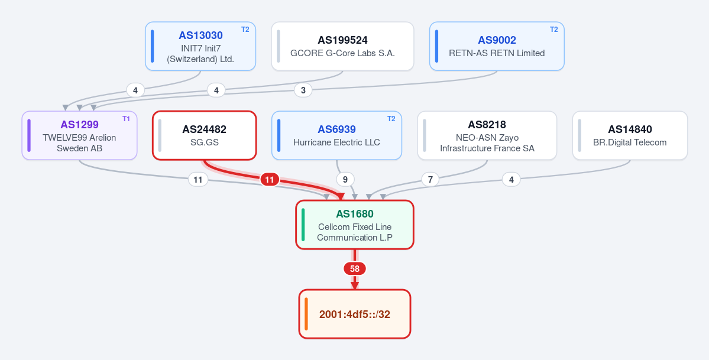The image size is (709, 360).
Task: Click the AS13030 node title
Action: [201, 35]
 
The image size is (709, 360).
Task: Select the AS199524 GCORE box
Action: [342, 46]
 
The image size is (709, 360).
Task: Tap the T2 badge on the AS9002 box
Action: [554, 30]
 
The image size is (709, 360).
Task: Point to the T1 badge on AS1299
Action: [126, 119]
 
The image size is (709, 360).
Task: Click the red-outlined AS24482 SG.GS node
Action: [205, 135]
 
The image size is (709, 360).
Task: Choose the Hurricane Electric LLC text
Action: [336, 142]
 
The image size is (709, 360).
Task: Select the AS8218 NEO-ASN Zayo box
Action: [487, 135]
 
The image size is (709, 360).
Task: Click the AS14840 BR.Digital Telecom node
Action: [630, 135]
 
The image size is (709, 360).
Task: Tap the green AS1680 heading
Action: [355, 214]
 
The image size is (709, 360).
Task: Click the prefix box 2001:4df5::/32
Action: [355, 314]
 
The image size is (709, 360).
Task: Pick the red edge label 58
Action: [355, 268]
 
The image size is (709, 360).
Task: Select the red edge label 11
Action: [270, 180]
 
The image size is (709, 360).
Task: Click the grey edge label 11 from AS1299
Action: [198, 180]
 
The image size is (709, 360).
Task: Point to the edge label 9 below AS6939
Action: [345, 180]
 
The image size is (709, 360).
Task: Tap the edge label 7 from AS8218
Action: [430, 180]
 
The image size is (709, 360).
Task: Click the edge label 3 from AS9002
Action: [303, 90]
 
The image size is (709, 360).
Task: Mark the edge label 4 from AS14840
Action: [511, 180]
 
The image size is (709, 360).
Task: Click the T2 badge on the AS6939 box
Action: [391, 119]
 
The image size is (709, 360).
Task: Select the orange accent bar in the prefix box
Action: [306, 314]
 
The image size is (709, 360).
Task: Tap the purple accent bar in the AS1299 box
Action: [29, 135]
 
